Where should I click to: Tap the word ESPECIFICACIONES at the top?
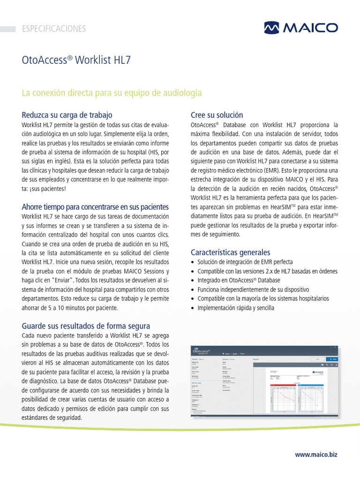(x=54, y=29)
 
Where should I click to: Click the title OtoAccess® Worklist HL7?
(x=76, y=60)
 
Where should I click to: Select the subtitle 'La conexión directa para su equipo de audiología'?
(x=112, y=93)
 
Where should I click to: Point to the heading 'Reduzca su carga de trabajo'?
(x=67, y=115)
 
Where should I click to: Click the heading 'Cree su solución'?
(x=217, y=115)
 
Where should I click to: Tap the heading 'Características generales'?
(x=230, y=252)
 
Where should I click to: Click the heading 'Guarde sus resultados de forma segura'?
(x=86, y=326)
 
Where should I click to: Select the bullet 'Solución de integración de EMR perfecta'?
(x=245, y=262)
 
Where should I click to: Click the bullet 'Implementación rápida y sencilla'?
(x=236, y=308)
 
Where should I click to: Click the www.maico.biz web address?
(x=316, y=455)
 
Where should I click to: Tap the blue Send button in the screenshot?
(x=332, y=359)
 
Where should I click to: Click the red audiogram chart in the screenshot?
(x=284, y=399)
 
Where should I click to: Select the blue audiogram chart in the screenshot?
(x=310, y=399)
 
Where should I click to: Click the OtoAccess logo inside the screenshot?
(x=202, y=350)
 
